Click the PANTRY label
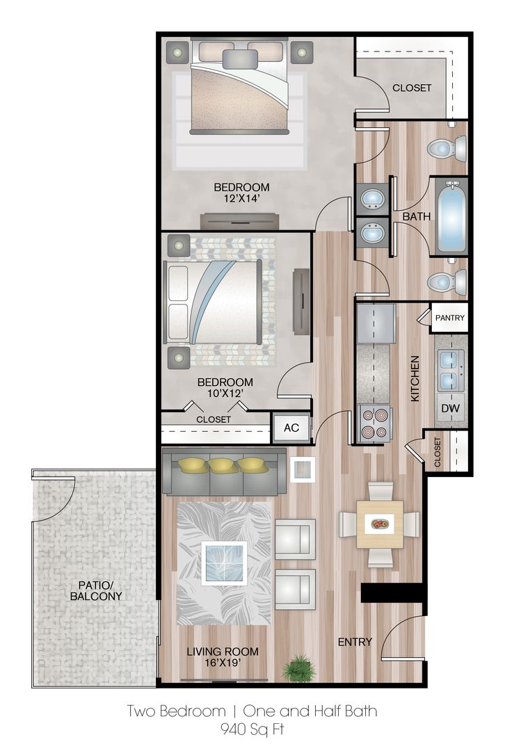click(449, 318)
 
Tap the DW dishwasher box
click(450, 408)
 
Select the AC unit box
click(291, 427)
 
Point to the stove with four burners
click(375, 424)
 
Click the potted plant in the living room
click(300, 668)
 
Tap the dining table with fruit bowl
click(380, 524)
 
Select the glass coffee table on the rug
click(224, 563)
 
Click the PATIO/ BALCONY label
click(96, 590)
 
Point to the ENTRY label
click(355, 642)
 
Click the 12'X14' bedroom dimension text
click(241, 198)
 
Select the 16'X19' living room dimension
click(223, 663)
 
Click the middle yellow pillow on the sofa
click(223, 465)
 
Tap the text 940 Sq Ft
click(252, 729)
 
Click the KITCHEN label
click(415, 378)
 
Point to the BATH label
click(417, 216)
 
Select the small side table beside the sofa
click(303, 469)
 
